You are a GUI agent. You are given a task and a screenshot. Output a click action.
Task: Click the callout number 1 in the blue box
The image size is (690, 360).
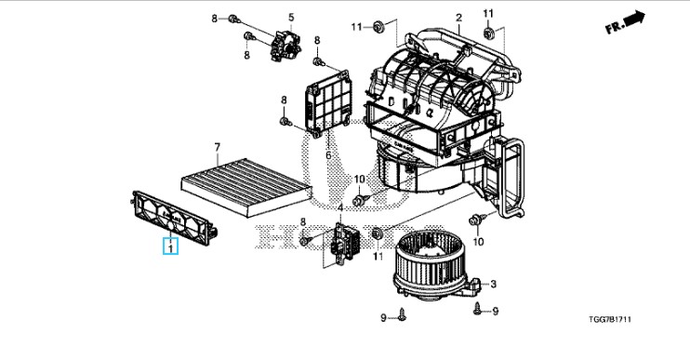pos(170,248)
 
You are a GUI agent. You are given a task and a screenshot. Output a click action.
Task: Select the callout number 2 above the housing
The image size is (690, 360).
pos(459,18)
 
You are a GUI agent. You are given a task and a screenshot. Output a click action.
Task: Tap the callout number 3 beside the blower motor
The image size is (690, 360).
pos(493,284)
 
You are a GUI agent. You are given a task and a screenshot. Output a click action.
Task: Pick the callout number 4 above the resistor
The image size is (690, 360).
pos(340,207)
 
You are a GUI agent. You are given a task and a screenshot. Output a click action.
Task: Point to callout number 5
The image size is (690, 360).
pos(291,17)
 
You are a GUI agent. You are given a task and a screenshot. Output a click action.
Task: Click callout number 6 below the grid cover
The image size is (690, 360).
pos(328,155)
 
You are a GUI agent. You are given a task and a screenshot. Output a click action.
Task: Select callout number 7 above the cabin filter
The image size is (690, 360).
pos(217,147)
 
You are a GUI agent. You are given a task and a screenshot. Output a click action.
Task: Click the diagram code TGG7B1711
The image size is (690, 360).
pos(610,319)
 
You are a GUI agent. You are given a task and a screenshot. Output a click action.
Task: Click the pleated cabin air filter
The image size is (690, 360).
pos(246,187)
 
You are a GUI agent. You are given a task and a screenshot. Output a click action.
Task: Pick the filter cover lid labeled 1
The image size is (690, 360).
pos(174,218)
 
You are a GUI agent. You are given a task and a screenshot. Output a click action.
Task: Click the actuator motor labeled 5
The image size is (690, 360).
pos(286,45)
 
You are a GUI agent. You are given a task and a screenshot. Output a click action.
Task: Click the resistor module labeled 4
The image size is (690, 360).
pos(345,243)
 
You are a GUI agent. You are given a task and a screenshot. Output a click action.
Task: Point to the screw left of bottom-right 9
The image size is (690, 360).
pos(478,309)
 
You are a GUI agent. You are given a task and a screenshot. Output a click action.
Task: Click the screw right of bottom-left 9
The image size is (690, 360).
pos(402,314)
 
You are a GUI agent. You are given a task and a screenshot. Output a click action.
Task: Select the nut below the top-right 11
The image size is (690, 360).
pos(488,33)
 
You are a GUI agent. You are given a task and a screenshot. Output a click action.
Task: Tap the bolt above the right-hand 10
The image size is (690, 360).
pos(477,220)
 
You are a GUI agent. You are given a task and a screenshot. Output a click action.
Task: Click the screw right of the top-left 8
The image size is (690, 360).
pos(234,19)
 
